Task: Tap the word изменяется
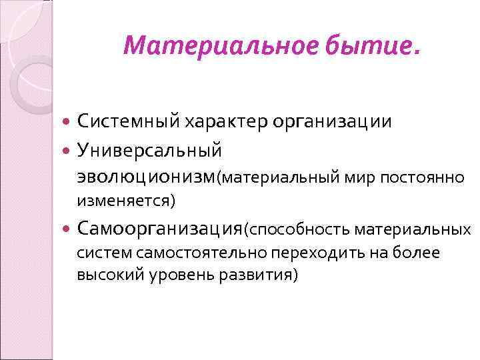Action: pos(125,199)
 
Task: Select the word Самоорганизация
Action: pos(159,229)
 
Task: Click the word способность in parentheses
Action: pos(298,230)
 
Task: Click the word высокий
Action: pos(103,275)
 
